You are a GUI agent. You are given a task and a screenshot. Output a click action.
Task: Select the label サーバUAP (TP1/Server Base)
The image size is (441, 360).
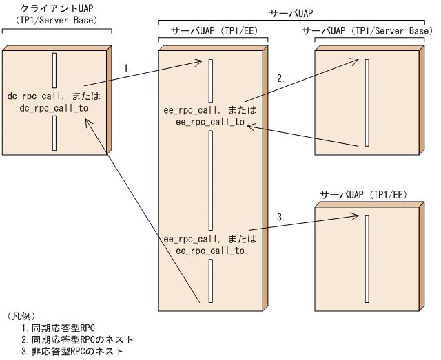point(367,32)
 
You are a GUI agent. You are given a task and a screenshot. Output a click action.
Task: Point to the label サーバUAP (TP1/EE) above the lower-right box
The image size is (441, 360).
point(363,194)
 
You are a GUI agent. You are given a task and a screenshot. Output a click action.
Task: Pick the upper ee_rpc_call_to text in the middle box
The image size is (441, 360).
point(211,121)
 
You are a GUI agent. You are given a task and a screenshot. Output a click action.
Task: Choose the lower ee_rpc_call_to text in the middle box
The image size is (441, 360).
point(211,251)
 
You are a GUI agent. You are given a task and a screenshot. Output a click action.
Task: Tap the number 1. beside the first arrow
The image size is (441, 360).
point(127,68)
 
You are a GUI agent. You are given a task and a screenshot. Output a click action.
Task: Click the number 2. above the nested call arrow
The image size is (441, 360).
point(280,78)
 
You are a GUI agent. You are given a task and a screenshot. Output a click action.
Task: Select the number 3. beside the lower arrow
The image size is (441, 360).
point(280,217)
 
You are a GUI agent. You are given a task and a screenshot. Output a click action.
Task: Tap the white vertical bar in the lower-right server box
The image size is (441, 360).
point(368,255)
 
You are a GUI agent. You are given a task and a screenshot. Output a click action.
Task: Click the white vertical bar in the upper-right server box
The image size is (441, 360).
point(368,101)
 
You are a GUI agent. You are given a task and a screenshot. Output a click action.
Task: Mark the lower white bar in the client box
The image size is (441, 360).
point(54,132)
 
